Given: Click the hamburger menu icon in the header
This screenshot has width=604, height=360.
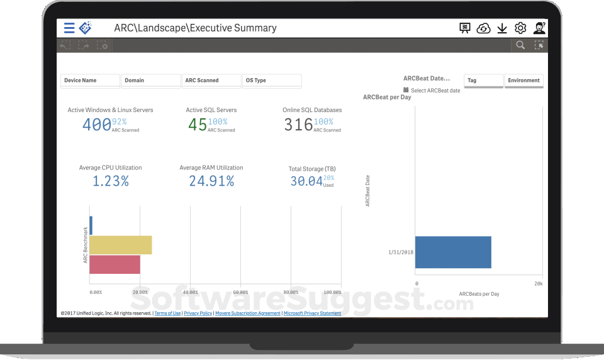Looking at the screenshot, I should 69,28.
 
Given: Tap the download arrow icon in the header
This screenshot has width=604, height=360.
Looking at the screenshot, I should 502,28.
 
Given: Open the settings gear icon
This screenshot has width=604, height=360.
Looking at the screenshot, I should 520,28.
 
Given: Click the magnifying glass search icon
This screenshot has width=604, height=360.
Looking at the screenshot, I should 520,45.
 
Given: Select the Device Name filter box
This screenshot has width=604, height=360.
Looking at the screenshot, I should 90,81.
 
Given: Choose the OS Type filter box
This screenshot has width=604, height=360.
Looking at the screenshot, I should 272,81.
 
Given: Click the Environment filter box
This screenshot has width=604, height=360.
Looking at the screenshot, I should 523,81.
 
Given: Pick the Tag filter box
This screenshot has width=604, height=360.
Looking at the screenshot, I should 483,81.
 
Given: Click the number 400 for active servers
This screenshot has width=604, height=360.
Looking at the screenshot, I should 96,125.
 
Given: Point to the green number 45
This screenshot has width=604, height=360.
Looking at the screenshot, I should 197,125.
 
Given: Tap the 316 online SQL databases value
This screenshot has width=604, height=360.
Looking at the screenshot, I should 298,125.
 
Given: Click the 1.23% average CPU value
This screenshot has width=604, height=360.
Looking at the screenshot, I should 111,181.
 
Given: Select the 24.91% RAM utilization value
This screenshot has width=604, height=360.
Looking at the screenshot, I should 211,181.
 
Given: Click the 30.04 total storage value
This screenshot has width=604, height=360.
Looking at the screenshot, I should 306,181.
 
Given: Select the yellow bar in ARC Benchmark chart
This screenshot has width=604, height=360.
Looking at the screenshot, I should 121,245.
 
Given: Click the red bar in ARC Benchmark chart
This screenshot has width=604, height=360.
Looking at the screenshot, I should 115,264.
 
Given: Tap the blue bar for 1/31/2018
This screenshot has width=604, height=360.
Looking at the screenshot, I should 453,252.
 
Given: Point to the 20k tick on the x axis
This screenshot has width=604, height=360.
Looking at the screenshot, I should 538,284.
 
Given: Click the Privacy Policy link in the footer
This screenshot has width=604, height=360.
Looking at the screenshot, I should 198,313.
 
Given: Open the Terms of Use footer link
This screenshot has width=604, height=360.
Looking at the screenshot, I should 167,313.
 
